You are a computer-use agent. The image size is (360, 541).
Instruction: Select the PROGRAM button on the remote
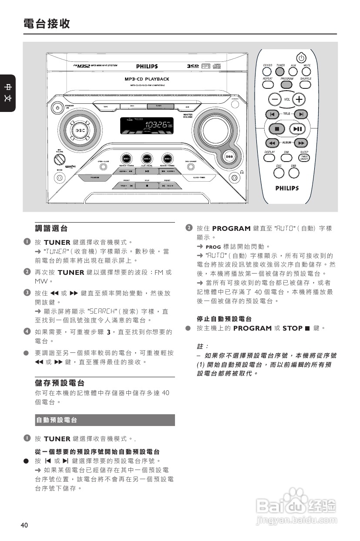click(287, 85)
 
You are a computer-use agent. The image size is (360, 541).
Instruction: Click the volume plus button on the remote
click(299, 99)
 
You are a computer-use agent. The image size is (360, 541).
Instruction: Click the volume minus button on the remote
click(274, 99)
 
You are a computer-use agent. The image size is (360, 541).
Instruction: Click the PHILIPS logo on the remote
click(287, 188)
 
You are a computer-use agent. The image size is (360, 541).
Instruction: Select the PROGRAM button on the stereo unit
click(94, 178)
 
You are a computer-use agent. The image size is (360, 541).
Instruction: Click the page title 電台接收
click(47, 24)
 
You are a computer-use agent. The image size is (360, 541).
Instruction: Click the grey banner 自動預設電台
click(104, 420)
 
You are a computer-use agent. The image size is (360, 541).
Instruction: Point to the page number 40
click(24, 525)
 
